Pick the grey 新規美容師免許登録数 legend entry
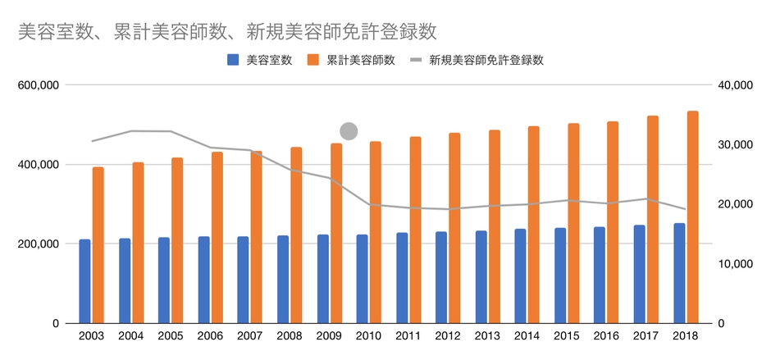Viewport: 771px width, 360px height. click(477, 60)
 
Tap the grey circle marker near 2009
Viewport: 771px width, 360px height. click(349, 130)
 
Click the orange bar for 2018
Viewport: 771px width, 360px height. click(693, 217)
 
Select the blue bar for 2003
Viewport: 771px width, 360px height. click(84, 281)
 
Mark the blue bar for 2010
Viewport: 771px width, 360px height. click(362, 279)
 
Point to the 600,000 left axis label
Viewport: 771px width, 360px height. click(37, 85)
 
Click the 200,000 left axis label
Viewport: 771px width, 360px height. click(37, 244)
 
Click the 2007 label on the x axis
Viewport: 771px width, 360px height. click(250, 336)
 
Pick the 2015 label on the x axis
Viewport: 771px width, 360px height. click(567, 336)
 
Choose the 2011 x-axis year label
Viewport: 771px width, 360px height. click(408, 336)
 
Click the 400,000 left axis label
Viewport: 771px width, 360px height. click(37, 165)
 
